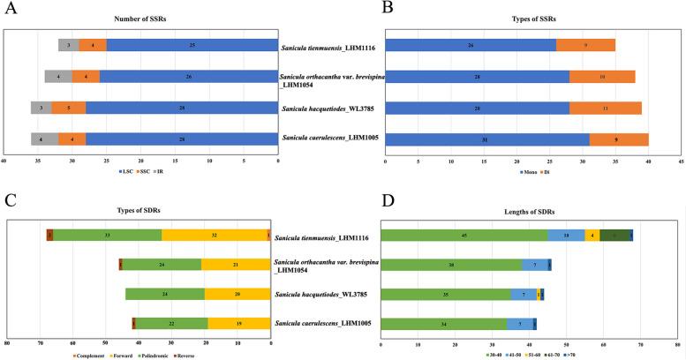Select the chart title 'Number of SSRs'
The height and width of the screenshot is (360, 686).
click(x=140, y=18)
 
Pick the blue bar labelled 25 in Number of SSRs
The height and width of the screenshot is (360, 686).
click(x=192, y=45)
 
